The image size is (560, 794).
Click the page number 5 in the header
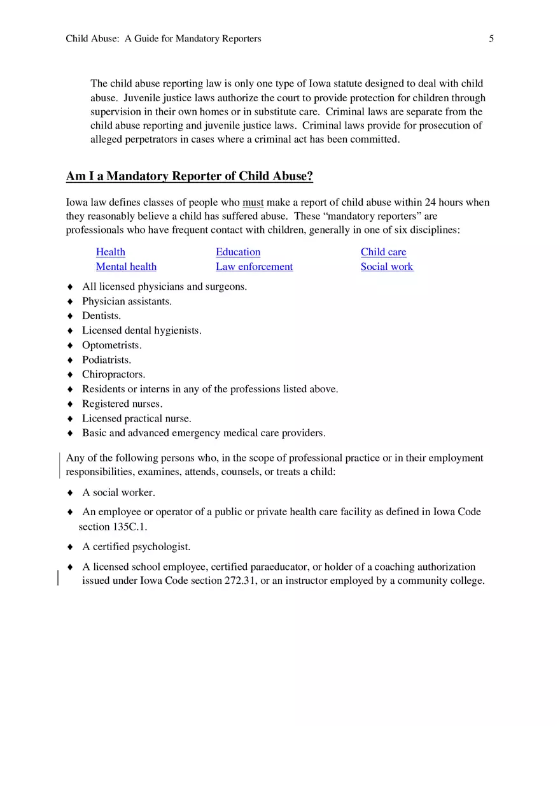tap(491, 39)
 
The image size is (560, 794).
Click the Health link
tap(111, 252)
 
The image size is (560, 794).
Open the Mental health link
tap(126, 267)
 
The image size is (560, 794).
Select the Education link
tap(238, 252)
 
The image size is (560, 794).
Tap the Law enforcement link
tap(254, 267)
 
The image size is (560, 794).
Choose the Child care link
tap(383, 252)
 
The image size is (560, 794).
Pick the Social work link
tap(386, 267)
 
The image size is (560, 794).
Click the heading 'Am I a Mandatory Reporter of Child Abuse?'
tap(190, 176)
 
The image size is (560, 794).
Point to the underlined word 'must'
tap(253, 202)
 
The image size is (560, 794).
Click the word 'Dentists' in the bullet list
tap(101, 316)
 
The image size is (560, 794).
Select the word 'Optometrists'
tap(111, 345)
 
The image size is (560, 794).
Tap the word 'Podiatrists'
tap(106, 360)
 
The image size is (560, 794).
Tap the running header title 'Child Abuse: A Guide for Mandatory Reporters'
tap(164, 39)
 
